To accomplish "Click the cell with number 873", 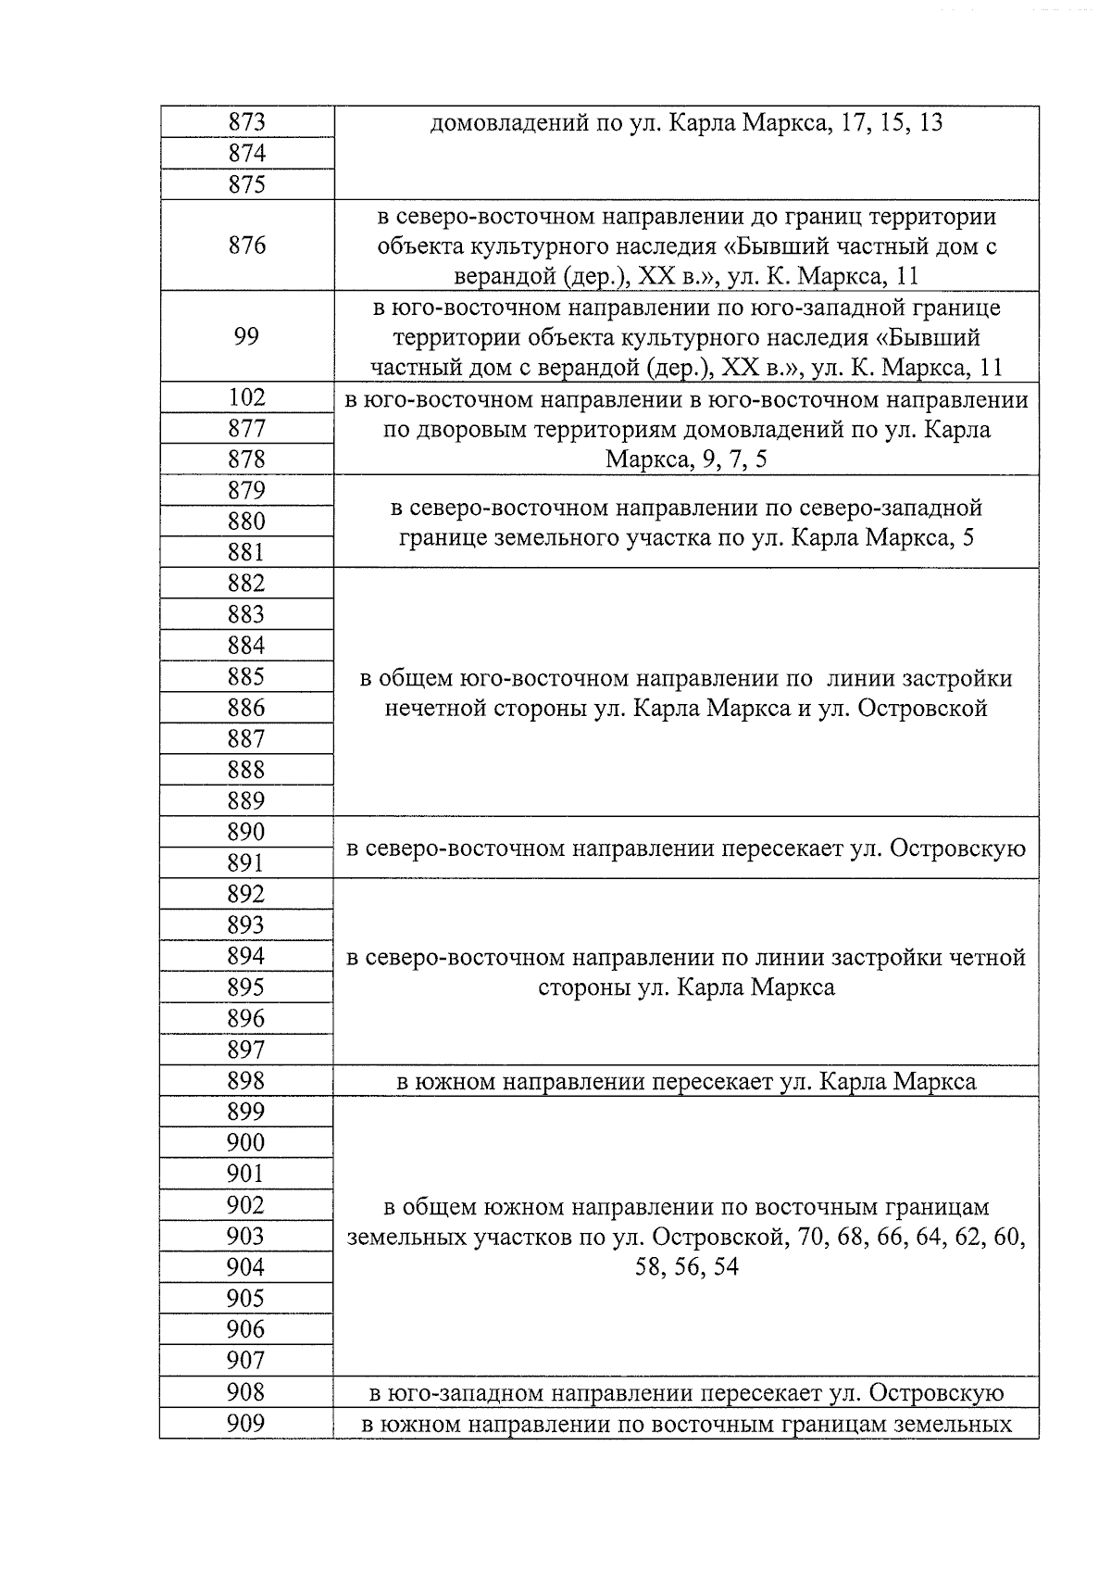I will [246, 122].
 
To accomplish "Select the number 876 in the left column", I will [246, 245].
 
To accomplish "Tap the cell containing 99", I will [246, 336].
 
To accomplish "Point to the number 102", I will [246, 397].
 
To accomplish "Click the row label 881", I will [246, 553].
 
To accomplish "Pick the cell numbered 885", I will [246, 677].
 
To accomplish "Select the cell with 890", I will [246, 832].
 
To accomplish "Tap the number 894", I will [246, 956].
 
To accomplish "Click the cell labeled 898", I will [246, 1081].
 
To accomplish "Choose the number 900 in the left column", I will [246, 1143].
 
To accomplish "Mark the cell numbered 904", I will [246, 1267].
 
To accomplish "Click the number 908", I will [246, 1392].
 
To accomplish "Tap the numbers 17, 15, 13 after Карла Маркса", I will [888, 122].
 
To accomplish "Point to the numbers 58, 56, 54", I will [686, 1267].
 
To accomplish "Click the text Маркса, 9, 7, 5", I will [686, 460].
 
